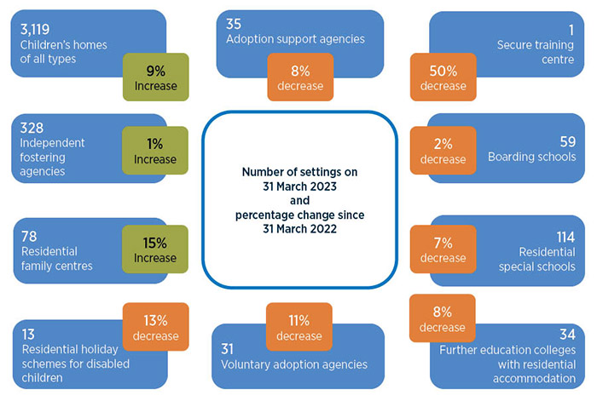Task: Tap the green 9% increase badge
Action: (x=155, y=77)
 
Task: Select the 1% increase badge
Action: (x=155, y=151)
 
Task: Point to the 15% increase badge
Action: (x=155, y=249)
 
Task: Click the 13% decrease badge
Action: (x=155, y=328)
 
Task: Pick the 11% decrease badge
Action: (x=298, y=328)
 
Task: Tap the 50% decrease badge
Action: (x=443, y=77)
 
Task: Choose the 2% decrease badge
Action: (x=443, y=151)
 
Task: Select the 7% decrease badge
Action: (x=443, y=249)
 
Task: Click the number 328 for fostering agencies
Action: (x=32, y=127)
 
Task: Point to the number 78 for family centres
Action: (x=28, y=236)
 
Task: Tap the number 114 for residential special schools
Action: (x=563, y=236)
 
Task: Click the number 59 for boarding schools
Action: (x=566, y=140)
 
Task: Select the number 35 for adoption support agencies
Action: (x=235, y=23)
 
